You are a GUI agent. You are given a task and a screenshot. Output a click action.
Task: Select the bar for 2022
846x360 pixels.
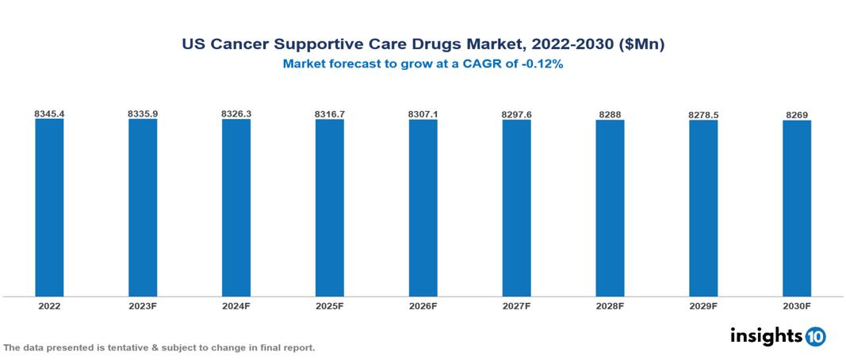pyautogui.click(x=49, y=208)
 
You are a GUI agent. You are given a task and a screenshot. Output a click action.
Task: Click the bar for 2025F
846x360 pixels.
pyautogui.click(x=329, y=208)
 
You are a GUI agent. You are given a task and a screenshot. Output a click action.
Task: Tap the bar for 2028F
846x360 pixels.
pyautogui.click(x=610, y=208)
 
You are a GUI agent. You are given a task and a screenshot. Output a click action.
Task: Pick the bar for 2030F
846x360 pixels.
pyautogui.click(x=796, y=208)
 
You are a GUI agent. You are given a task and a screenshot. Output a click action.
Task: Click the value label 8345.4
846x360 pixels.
pyautogui.click(x=49, y=114)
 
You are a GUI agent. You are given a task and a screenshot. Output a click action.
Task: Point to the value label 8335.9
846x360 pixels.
pyautogui.click(x=143, y=114)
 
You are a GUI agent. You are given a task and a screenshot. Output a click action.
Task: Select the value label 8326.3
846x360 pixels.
pyautogui.click(x=236, y=114)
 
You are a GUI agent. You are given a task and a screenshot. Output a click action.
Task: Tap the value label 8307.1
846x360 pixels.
pyautogui.click(x=423, y=114)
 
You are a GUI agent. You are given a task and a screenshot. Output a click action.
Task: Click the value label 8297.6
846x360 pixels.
pyautogui.click(x=516, y=115)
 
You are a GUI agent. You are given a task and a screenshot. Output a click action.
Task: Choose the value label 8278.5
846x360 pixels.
pyautogui.click(x=703, y=115)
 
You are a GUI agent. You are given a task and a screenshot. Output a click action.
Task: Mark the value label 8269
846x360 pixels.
pyautogui.click(x=797, y=115)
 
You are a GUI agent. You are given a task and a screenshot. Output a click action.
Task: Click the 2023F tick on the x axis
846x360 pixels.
pyautogui.click(x=143, y=305)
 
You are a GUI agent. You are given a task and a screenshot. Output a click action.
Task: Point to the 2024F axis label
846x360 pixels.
pyautogui.click(x=236, y=305)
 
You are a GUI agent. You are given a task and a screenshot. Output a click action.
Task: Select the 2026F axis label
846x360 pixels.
pyautogui.click(x=423, y=305)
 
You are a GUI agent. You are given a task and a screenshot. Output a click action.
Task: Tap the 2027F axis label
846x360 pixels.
pyautogui.click(x=516, y=305)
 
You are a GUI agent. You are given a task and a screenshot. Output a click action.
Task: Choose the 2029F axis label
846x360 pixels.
pyautogui.click(x=703, y=305)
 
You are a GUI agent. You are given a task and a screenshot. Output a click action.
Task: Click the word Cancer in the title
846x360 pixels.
pyautogui.click(x=239, y=45)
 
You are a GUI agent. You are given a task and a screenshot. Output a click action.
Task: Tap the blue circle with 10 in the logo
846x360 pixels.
pyautogui.click(x=816, y=336)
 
